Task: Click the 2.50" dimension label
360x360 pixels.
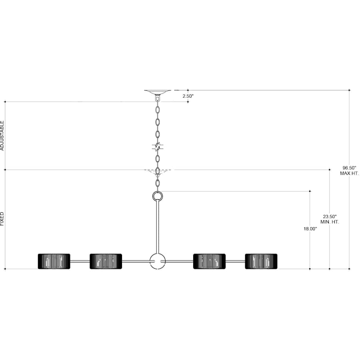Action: click(x=188, y=96)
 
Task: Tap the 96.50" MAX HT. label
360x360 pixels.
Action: click(x=349, y=170)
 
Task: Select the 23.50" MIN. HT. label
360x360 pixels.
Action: click(x=330, y=219)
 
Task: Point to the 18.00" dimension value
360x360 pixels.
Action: click(x=310, y=229)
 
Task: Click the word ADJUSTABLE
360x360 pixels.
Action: click(x=2, y=136)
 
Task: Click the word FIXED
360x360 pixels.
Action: click(x=2, y=219)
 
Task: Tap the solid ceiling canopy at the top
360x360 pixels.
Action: click(x=158, y=92)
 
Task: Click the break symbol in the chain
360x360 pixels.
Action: click(x=158, y=147)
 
